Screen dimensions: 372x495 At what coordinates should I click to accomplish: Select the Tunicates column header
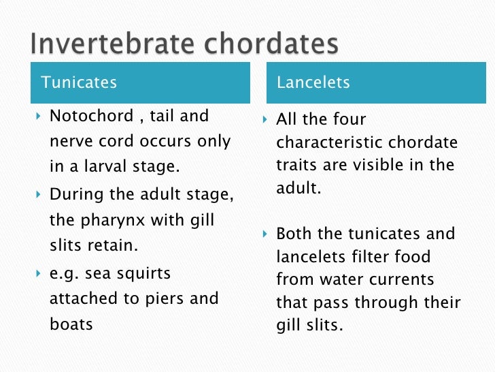79,83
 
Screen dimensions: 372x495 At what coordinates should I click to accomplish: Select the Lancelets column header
313,83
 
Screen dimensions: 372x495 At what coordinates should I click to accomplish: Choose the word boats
71,324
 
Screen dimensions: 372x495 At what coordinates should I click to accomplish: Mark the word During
73,195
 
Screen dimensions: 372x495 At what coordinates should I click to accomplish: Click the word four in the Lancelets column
349,120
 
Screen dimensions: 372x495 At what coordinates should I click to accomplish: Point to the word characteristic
330,143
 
